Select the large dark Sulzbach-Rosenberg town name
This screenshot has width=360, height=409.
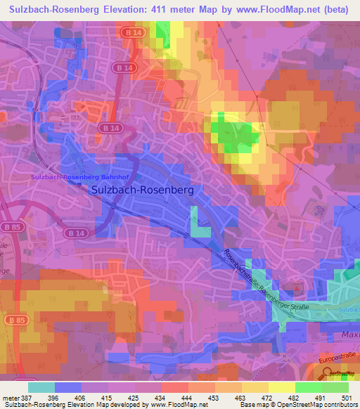pos(143,190)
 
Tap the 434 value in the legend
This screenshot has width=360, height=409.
pos(160,398)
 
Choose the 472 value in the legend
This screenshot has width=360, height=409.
pos(268,398)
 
